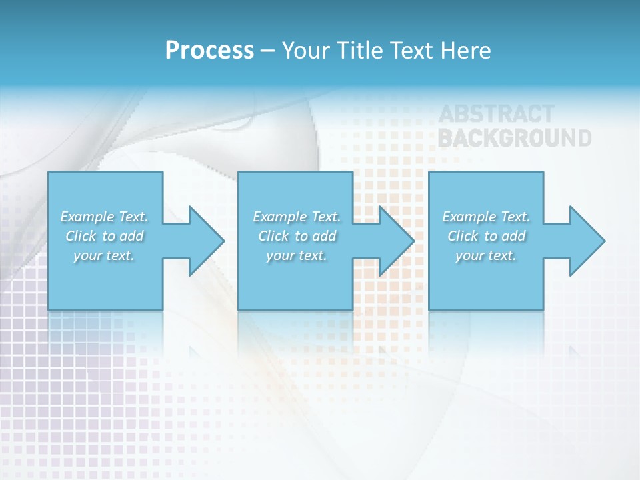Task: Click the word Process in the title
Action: click(209, 51)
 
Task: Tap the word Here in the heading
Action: click(465, 51)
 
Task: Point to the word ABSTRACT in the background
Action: click(496, 115)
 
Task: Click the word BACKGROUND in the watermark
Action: click(514, 138)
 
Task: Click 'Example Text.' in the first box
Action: click(104, 217)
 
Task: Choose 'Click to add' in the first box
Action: click(104, 236)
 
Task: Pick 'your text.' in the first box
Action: click(104, 255)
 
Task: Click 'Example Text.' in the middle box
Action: click(297, 217)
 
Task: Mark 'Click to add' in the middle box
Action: click(297, 236)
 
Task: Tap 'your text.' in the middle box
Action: click(297, 255)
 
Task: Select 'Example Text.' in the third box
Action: click(486, 217)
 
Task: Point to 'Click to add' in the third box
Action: click(486, 236)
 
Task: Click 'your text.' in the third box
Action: click(486, 255)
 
